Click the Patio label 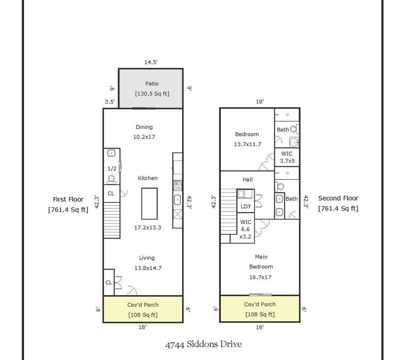(x=152, y=84)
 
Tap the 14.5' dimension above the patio (x=151, y=62)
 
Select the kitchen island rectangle (x=149, y=204)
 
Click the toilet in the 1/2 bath (x=112, y=179)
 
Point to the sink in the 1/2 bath (x=112, y=153)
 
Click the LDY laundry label (x=246, y=206)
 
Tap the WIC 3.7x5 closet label (x=287, y=157)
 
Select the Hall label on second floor (x=248, y=179)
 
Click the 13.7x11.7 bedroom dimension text (x=248, y=144)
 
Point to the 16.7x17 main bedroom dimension (x=260, y=277)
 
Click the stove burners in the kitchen (x=177, y=186)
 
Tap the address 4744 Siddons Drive (x=204, y=345)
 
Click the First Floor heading (x=68, y=199)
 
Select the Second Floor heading (x=338, y=198)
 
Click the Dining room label (x=144, y=127)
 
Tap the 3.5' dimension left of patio (x=110, y=101)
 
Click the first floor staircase (x=112, y=220)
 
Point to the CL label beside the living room (x=109, y=283)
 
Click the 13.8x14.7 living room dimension (x=148, y=268)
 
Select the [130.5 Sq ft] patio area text (x=152, y=94)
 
